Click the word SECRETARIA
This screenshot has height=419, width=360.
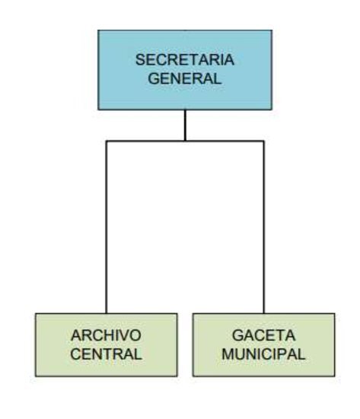[185, 59]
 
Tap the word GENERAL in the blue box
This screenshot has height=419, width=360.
[185, 78]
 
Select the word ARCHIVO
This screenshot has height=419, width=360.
[106, 335]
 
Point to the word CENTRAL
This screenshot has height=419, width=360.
[106, 354]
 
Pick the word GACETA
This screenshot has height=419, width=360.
[263, 335]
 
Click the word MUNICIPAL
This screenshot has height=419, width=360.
[263, 354]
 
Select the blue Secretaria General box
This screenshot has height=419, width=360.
[185, 70]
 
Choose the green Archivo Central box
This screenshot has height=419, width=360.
[107, 345]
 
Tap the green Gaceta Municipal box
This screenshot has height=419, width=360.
[263, 345]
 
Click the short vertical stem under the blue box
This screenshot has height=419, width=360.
[185, 125]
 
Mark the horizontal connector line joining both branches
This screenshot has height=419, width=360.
[185, 141]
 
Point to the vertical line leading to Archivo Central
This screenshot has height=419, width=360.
[107, 227]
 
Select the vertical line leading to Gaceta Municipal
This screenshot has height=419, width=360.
[264, 227]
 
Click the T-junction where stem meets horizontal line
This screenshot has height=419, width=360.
[185, 141]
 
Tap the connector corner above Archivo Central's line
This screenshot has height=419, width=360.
[107, 141]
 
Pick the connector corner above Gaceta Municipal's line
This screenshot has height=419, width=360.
[264, 141]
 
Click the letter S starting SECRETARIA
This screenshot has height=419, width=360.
[140, 59]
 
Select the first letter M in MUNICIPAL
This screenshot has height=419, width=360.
[228, 354]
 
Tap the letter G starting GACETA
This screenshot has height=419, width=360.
[237, 335]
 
